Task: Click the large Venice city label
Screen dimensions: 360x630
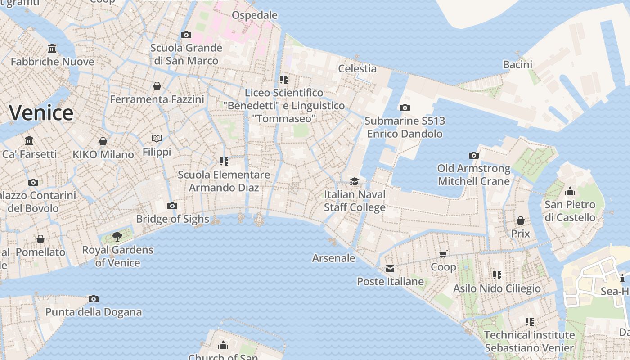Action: coord(41,112)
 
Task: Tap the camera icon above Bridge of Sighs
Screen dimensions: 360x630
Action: coord(172,206)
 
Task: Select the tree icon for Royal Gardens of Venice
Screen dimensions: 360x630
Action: coord(117,236)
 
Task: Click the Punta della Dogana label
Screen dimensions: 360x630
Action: coord(94,312)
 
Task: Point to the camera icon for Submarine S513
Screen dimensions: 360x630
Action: coord(405,108)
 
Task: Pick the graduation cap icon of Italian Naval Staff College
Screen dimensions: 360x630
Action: coord(355,181)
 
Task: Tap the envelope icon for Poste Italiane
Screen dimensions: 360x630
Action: coord(390,269)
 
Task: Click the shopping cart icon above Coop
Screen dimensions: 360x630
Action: coord(443,254)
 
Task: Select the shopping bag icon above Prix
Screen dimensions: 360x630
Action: coord(521,220)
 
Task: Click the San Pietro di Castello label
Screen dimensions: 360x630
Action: coord(570,211)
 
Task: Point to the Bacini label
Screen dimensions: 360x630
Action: coord(517,64)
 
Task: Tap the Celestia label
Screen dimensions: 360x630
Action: coord(357,68)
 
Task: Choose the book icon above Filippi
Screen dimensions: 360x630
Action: coord(157,138)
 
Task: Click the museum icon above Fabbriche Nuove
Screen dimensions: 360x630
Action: coord(52,48)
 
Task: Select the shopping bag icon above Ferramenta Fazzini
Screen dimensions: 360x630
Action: coord(157,85)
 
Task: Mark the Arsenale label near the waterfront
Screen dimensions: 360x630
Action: coord(334,258)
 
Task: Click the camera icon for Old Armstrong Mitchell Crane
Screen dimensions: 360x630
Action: coord(474,155)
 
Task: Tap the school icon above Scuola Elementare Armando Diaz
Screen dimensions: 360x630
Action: coord(224,161)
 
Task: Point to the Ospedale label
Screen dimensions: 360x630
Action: coord(255,15)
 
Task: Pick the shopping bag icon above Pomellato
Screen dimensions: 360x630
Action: coord(40,238)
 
